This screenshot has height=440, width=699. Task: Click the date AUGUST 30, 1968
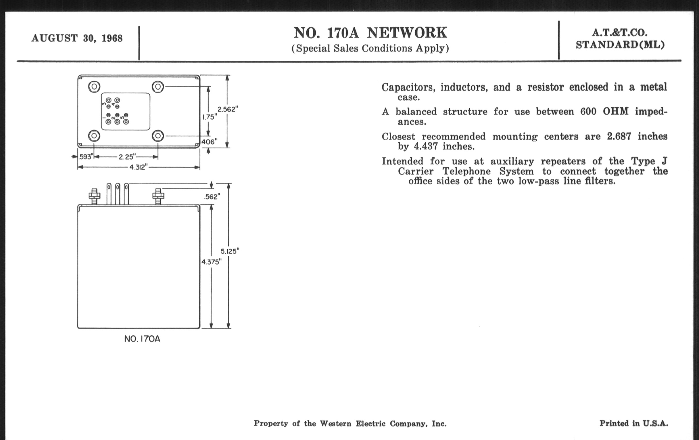[77, 38]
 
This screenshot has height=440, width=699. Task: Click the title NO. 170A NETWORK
[370, 33]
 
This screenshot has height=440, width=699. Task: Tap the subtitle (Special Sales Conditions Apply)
[370, 48]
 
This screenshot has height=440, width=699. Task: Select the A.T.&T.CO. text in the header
[620, 33]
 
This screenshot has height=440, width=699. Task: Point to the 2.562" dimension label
[228, 109]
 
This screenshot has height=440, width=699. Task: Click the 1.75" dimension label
[210, 117]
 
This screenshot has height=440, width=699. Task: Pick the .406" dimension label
[209, 142]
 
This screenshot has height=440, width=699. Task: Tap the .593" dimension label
[85, 157]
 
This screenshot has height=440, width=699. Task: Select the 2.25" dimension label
[127, 157]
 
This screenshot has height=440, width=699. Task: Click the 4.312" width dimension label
[139, 167]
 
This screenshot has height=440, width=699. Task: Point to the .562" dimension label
[212, 197]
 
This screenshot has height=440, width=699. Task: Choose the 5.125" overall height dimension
[230, 251]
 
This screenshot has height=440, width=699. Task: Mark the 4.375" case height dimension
[211, 262]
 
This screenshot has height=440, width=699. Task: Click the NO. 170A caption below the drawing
[142, 339]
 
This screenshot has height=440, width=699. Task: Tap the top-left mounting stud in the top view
[94, 87]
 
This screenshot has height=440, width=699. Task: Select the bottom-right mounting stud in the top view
[158, 136]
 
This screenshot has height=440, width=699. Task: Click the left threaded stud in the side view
[94, 196]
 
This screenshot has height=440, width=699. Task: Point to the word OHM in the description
[616, 111]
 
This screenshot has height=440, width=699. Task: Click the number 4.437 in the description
[426, 146]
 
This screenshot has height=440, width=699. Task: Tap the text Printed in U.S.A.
[634, 423]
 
